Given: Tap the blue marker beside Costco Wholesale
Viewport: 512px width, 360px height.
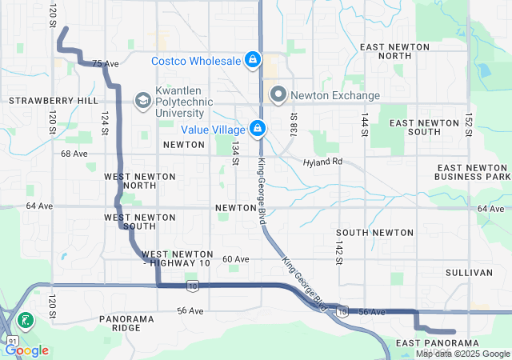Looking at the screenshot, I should click(x=253, y=59).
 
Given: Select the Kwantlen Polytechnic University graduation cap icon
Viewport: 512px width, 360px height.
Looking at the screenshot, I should click(x=142, y=100).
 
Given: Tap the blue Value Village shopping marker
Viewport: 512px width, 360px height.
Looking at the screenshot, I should click(x=258, y=128).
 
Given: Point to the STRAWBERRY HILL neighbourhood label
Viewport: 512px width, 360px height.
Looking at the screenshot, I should click(x=53, y=101).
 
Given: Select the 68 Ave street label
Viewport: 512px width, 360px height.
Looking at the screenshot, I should click(x=74, y=153).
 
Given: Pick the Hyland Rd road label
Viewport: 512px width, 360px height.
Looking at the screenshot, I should click(x=322, y=162).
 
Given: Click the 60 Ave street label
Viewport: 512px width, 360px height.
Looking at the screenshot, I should click(x=236, y=259).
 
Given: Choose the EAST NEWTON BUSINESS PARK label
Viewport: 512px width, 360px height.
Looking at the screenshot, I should click(x=472, y=171).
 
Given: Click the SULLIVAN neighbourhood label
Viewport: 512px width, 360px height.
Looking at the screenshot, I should click(x=468, y=273).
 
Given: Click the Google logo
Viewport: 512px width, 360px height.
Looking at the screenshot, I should click(x=26, y=350).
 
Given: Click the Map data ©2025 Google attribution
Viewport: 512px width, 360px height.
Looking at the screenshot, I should click(x=462, y=354).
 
